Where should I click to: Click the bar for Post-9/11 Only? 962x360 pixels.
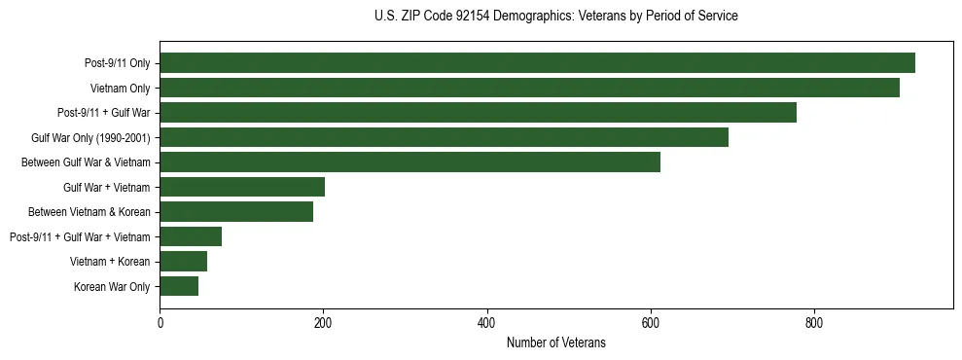(537, 63)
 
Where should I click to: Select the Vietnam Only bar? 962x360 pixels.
(529, 88)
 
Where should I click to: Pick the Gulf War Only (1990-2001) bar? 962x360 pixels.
(444, 137)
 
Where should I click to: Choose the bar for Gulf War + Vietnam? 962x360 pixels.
(242, 187)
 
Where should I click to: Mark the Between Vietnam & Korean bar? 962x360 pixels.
(236, 212)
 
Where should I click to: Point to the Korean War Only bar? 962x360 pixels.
(179, 286)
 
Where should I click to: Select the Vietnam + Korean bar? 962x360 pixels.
(183, 262)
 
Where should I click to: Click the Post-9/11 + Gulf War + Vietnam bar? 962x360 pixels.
(191, 236)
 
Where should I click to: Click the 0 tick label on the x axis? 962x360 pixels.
(160, 323)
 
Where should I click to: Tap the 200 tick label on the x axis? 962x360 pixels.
(323, 323)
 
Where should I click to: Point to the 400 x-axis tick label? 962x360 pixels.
(486, 323)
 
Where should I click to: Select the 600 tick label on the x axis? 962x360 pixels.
(651, 323)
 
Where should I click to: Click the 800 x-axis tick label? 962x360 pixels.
(814, 323)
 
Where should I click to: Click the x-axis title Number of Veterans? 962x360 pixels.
(556, 342)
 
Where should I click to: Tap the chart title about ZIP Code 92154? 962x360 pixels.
(556, 17)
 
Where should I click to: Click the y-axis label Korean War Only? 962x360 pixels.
(112, 287)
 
